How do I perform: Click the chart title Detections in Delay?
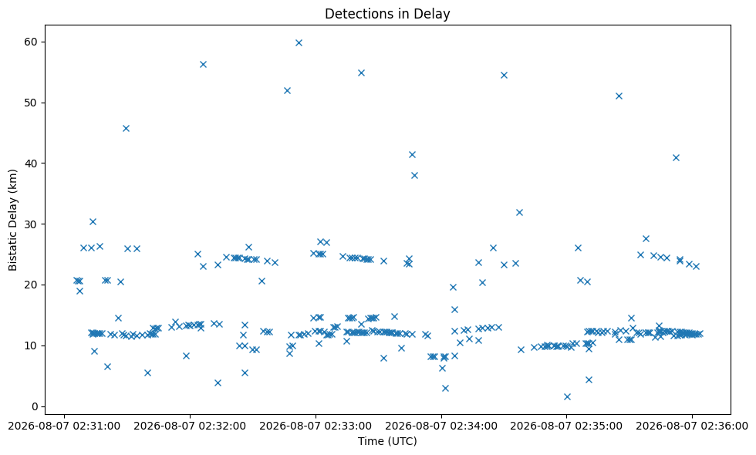pyautogui.click(x=387, y=14)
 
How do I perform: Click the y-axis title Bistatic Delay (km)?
pyautogui.click(x=12, y=220)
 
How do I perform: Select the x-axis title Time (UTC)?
pyautogui.click(x=387, y=441)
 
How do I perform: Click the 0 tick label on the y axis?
pyautogui.click(x=34, y=406)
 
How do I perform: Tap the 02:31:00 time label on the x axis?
pyautogui.click(x=64, y=426)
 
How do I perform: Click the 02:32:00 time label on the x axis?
pyautogui.click(x=190, y=426)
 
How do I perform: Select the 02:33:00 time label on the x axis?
pyautogui.click(x=316, y=426)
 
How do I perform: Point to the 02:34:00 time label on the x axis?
pyautogui.click(x=441, y=426)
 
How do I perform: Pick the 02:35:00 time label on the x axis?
pyautogui.click(x=566, y=426)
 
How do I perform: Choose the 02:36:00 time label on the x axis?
pyautogui.click(x=693, y=426)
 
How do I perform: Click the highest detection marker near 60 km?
pyautogui.click(x=299, y=43)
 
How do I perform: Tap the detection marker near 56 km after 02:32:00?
pyautogui.click(x=203, y=65)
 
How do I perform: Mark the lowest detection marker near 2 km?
pyautogui.click(x=567, y=396)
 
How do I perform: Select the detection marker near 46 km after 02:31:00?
pyautogui.click(x=126, y=128)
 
